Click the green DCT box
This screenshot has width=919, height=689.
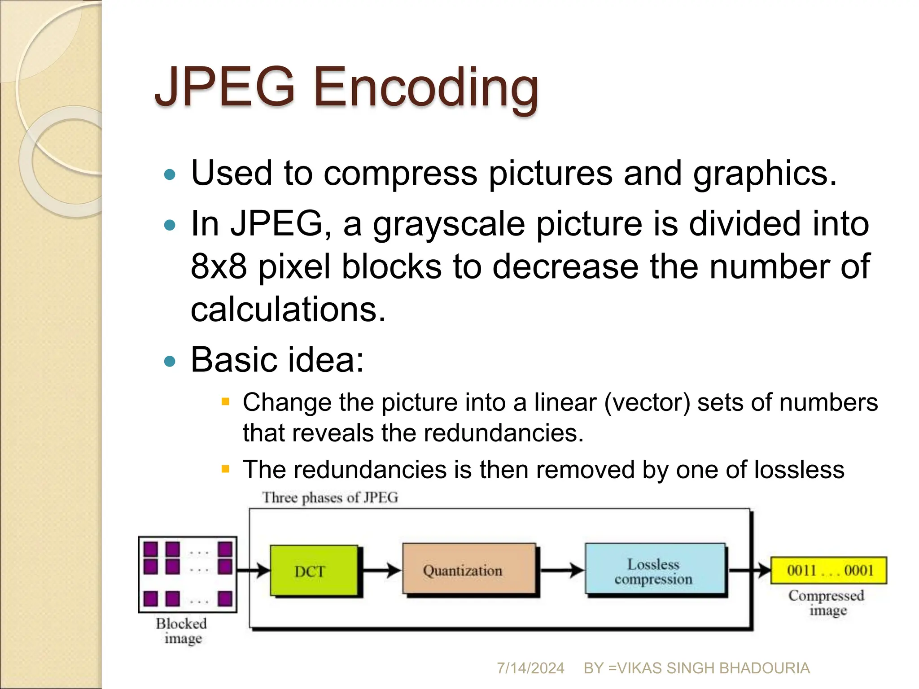pyautogui.click(x=314, y=571)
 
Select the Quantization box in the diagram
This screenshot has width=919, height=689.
pyautogui.click(x=468, y=570)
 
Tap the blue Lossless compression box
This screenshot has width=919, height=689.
pyautogui.click(x=655, y=571)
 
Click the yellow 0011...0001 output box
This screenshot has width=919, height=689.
pyautogui.click(x=828, y=571)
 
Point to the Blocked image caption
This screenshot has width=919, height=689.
pyautogui.click(x=182, y=631)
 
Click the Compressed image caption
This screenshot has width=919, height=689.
pyautogui.click(x=827, y=603)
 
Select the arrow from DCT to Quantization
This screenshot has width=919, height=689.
pyautogui.click(x=381, y=571)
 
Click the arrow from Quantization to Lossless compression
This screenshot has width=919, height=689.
pyautogui.click(x=562, y=571)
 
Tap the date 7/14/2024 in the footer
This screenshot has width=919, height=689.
pyautogui.click(x=530, y=668)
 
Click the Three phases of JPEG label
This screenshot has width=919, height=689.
pyautogui.click(x=330, y=497)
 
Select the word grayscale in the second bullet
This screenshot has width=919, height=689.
pyautogui.click(x=449, y=224)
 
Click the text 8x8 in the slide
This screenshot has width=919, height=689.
pyautogui.click(x=219, y=266)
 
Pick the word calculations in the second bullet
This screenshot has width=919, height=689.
pyautogui.click(x=288, y=310)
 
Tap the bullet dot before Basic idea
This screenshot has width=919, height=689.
pyautogui.click(x=170, y=361)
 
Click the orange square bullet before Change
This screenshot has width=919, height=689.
pyautogui.click(x=226, y=401)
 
